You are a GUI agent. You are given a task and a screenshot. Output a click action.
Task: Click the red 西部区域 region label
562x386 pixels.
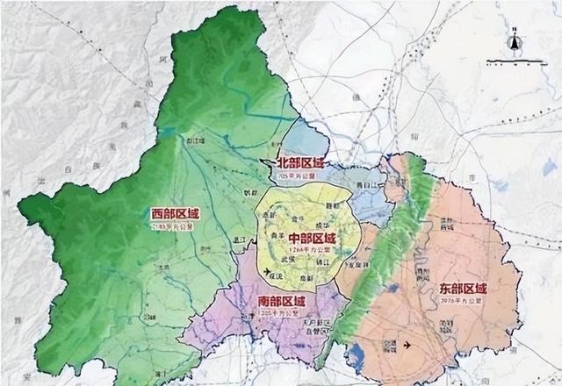point(177,213)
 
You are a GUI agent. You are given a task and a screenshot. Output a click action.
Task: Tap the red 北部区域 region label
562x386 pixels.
point(300,163)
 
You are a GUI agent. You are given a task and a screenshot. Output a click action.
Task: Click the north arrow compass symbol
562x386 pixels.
point(515,40)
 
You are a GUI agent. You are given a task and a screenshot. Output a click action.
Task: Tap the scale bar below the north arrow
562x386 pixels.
point(515,61)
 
